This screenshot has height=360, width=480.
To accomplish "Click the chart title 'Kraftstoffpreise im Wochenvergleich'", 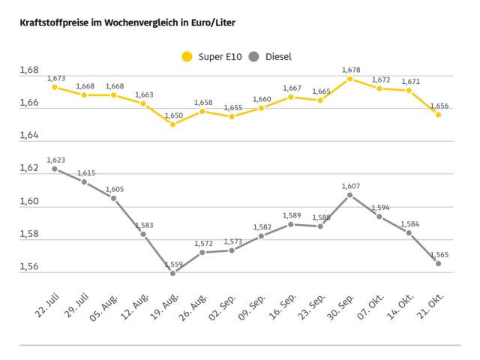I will pos(121,22).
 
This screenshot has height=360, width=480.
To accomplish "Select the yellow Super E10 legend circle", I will pos(187,56).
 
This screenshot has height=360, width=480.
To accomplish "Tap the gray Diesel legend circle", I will pos(254,56).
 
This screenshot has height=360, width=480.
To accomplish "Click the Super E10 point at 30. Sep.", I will pos(349,79).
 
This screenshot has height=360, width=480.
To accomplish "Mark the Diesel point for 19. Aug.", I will pos(172,273).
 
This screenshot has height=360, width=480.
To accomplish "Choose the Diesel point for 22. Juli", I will pos(55,169).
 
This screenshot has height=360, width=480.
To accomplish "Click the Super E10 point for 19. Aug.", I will pos(172,124).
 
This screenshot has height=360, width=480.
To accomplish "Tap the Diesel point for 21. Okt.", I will pos(438,263).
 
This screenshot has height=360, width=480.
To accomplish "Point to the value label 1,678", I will pos(351,70).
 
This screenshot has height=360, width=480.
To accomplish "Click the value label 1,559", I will pos(172,264).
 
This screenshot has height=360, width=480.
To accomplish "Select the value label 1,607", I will pos(351,185).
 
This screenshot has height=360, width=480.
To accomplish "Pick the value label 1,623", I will pos(55,160).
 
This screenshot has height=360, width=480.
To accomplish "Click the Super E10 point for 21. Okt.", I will pos(438,114).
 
